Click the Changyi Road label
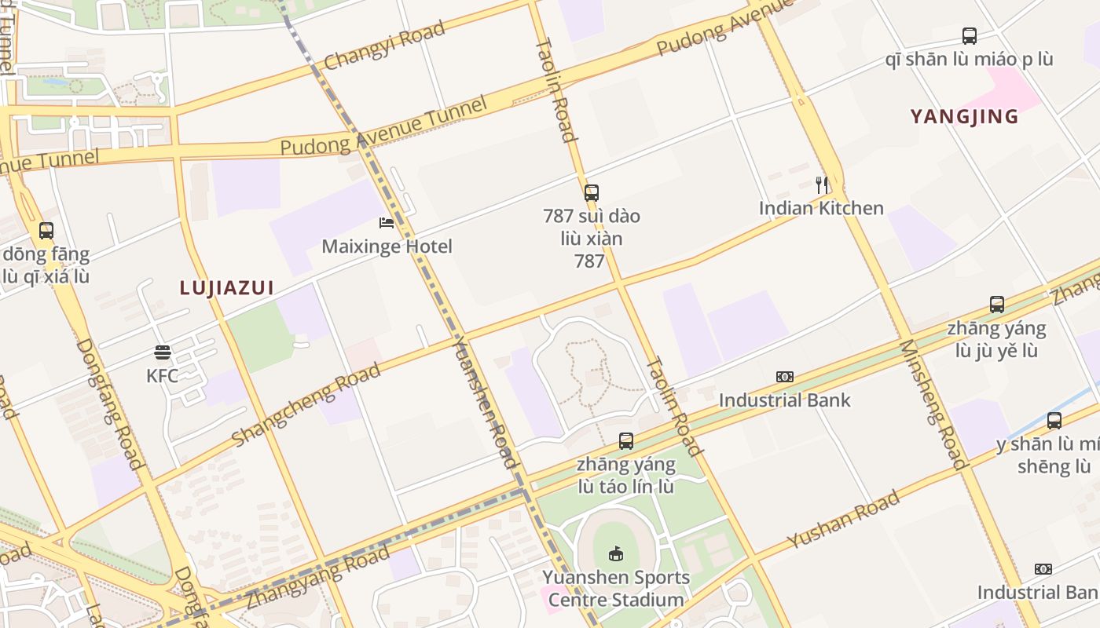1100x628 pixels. coord(384,46)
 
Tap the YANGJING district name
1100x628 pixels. coord(964,117)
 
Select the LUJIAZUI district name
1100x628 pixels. coord(226,288)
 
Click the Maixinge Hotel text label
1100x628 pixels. coord(387,246)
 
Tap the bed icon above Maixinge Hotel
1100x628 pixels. coord(387,223)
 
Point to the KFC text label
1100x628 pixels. coord(163,375)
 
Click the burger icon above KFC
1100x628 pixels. coord(163,352)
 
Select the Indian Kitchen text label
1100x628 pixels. coord(821,208)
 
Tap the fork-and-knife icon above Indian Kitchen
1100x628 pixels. coord(822,185)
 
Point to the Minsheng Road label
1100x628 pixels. coord(932,404)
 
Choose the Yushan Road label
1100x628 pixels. coord(843,520)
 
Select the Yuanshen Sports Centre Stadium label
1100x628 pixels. coord(616,589)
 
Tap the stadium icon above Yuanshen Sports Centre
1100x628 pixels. coord(616,554)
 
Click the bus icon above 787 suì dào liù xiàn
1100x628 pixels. coord(592,192)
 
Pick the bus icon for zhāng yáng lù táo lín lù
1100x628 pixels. coord(625,440)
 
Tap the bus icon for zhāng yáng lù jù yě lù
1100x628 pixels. coord(996,305)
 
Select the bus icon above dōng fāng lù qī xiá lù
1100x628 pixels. coord(46,231)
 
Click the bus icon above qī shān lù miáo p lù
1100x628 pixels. coord(970,35)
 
